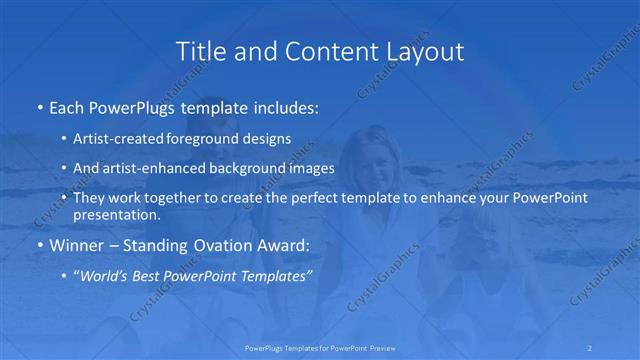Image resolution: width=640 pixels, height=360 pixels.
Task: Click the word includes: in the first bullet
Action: point(284,105)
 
